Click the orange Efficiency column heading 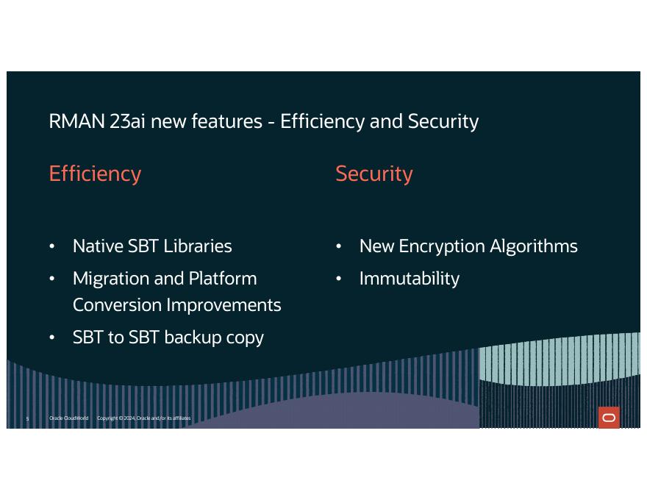coord(95,174)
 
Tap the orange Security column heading coord(374,174)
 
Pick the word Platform coord(223,279)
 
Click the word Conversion coord(116,305)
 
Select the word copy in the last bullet coord(246,337)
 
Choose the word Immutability coord(410,279)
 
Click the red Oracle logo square coord(609,418)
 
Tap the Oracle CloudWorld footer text coord(68,418)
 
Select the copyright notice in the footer coord(144,418)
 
